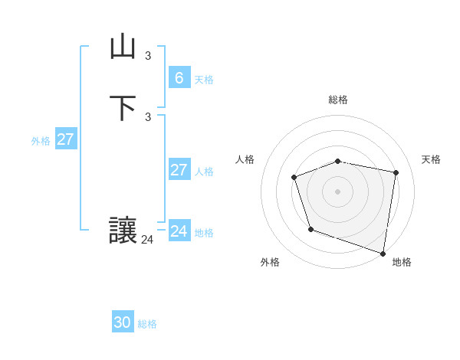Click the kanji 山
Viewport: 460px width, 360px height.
pos(123,47)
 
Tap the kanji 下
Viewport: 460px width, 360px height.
pos(123,108)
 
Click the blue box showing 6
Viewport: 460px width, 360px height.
pos(179,78)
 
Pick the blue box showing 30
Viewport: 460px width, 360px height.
pos(123,322)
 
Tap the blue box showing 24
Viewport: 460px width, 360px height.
pos(179,231)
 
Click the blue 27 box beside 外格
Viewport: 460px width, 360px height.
pos(65,139)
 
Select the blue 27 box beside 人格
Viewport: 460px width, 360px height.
pos(179,170)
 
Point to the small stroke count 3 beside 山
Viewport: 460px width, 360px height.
pos(148,55)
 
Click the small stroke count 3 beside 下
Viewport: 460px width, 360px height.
pos(148,116)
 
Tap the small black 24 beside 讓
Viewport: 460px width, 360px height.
pos(147,240)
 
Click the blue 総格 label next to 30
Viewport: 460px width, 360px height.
pos(147,324)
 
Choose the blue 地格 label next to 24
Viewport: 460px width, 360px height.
pos(204,233)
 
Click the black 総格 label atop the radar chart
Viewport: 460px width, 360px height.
pos(338,100)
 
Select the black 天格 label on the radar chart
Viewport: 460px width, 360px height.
pos(431,159)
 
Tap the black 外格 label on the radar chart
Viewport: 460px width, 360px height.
pos(270,262)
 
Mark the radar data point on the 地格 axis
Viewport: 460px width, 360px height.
pos(383,252)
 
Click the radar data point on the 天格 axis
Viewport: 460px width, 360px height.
pos(396,172)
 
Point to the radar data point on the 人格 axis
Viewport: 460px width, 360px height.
pos(294,178)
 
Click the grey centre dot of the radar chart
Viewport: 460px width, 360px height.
pos(338,191)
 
